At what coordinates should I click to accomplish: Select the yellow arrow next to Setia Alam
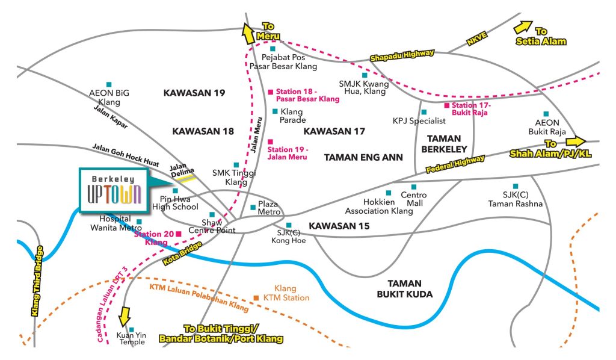[x=522, y=28]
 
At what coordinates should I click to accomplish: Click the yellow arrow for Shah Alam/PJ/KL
[x=575, y=141]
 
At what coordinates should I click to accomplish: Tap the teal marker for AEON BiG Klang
[x=109, y=84]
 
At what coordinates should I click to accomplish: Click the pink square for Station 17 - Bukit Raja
[x=447, y=105]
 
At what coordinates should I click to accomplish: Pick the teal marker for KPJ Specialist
[x=424, y=112]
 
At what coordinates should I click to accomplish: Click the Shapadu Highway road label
[x=402, y=56]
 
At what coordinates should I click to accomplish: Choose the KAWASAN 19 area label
[x=194, y=93]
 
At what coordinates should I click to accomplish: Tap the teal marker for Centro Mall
[x=413, y=187]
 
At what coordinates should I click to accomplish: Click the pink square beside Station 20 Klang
[x=178, y=234]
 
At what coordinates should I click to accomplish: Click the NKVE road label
[x=476, y=38]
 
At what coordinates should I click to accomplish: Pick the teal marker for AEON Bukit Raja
[x=546, y=113]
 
